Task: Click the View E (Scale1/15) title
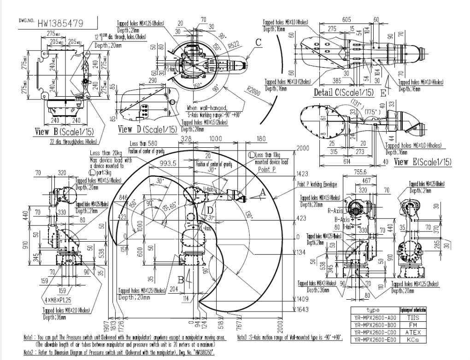[423, 162]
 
